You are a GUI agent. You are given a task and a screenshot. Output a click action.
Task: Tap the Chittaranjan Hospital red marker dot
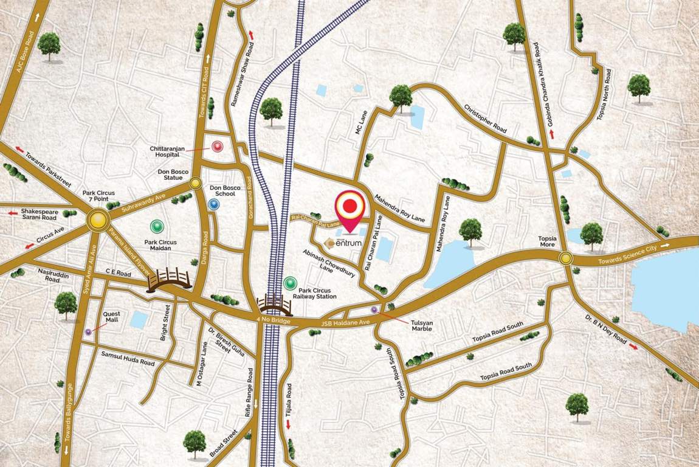[217, 147]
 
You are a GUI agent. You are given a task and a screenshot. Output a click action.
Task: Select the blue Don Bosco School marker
[213, 205]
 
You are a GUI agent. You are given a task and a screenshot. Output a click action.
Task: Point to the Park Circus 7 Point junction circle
[97, 220]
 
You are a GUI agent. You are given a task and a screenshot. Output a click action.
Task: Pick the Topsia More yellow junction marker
[566, 258]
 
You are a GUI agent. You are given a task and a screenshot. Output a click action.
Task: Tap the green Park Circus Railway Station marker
[290, 283]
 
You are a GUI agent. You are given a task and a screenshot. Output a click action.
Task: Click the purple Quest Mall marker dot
[89, 331]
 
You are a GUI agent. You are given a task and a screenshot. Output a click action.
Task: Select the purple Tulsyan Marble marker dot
[374, 310]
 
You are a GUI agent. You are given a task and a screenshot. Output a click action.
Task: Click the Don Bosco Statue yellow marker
[195, 183]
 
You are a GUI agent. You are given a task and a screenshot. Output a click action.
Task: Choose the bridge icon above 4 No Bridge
[274, 303]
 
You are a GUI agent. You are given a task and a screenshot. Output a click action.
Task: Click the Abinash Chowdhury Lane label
[318, 260]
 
